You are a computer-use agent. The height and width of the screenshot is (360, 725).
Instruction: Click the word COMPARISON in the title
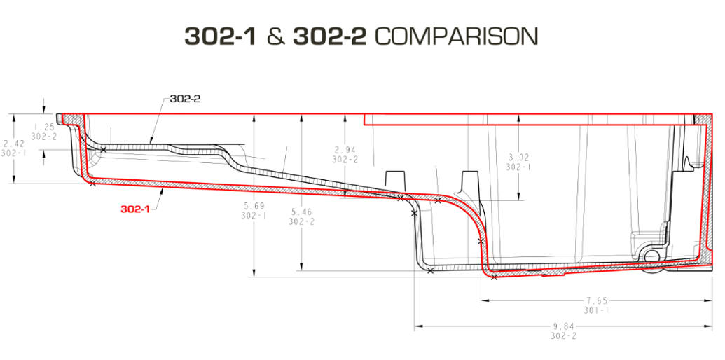pyautogui.click(x=456, y=36)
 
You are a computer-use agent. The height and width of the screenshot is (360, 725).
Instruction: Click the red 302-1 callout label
pyautogui.click(x=135, y=209)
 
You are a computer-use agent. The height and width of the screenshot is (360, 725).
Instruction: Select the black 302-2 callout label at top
pyautogui.click(x=185, y=99)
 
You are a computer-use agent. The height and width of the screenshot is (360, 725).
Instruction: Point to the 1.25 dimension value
pyautogui.click(x=44, y=127)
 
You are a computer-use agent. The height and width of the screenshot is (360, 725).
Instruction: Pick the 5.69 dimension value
pyautogui.click(x=254, y=206)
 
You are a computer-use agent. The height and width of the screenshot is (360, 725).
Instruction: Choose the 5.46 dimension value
pyautogui.click(x=301, y=212)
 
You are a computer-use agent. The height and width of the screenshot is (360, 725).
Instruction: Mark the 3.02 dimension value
pyautogui.click(x=518, y=157)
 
